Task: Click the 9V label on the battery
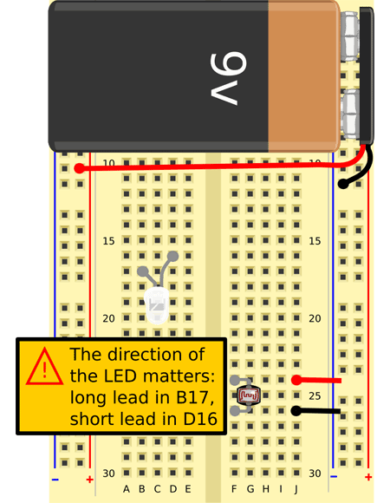228,79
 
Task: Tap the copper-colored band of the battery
303,76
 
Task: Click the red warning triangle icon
44,367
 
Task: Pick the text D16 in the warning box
200,419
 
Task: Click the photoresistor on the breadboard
249,395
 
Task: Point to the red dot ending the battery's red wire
79,168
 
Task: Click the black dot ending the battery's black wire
343,184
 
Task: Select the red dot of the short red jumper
296,380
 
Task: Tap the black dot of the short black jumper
296,411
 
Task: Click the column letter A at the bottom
127,489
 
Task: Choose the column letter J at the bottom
296,489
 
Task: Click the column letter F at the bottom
234,489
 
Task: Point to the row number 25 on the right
315,395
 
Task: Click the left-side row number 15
108,241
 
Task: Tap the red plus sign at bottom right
368,477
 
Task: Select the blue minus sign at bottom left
55,480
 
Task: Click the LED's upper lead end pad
172,256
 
